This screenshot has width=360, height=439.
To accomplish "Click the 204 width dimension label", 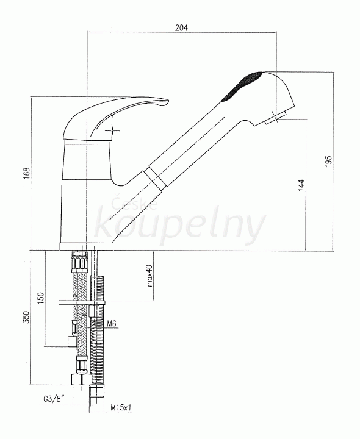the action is click(x=182, y=27).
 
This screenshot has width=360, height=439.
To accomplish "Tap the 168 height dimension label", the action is click(x=26, y=173).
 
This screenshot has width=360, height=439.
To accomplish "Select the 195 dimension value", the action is click(x=328, y=162).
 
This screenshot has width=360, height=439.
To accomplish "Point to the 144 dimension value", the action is click(x=301, y=185).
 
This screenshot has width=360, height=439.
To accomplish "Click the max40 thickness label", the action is click(x=149, y=276).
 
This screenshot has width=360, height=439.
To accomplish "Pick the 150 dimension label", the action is click(x=41, y=298).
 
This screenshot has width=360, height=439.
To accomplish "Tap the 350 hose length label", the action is click(x=26, y=317).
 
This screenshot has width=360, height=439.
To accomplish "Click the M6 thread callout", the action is click(x=112, y=324).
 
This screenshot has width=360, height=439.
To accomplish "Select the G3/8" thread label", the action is click(x=54, y=398).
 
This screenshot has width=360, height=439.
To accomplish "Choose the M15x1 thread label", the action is click(x=121, y=408).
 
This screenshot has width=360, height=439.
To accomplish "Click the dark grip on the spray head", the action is click(x=242, y=86).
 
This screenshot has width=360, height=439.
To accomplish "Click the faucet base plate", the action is click(x=86, y=247).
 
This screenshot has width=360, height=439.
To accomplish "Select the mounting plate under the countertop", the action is click(x=82, y=302).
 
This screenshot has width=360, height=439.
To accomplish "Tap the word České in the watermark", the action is click(x=135, y=202).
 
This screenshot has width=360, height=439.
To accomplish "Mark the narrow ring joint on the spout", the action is click(x=155, y=178).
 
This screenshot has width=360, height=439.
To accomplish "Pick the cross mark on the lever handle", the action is click(x=112, y=130).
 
